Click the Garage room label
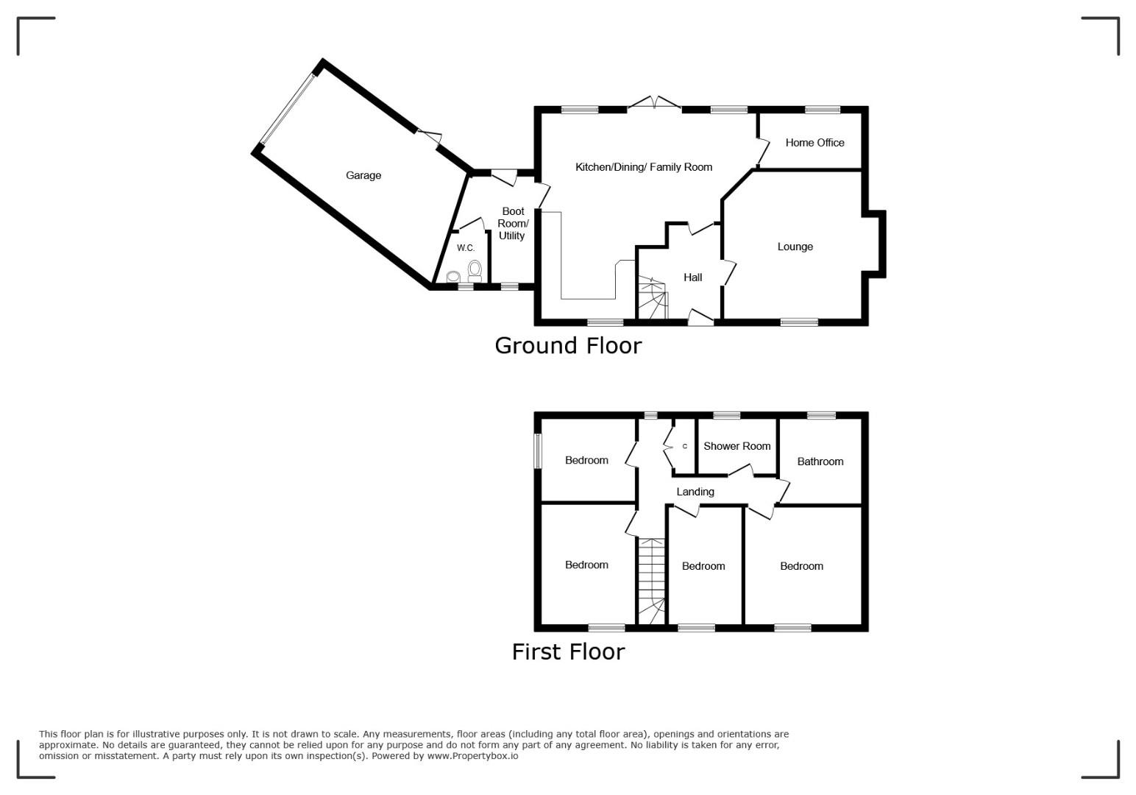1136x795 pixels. (363, 175)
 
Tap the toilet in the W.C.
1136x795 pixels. (475, 271)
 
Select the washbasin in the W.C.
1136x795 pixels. (453, 277)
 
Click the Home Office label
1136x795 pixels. (814, 143)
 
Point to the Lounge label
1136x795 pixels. (795, 247)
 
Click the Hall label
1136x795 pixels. (692, 277)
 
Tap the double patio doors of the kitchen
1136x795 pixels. (654, 102)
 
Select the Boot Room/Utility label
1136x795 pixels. (512, 223)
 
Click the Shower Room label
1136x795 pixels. (736, 446)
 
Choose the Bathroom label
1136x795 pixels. (820, 461)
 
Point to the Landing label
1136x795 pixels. (695, 492)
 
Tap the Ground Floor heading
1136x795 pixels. (568, 345)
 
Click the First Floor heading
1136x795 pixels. (568, 652)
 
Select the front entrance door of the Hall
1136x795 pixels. (700, 317)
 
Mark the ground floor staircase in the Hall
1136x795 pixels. (652, 297)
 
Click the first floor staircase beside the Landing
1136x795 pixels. (650, 582)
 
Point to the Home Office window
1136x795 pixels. (822, 110)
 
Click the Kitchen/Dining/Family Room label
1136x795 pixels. (644, 167)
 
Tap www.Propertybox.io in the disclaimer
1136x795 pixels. (472, 755)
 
